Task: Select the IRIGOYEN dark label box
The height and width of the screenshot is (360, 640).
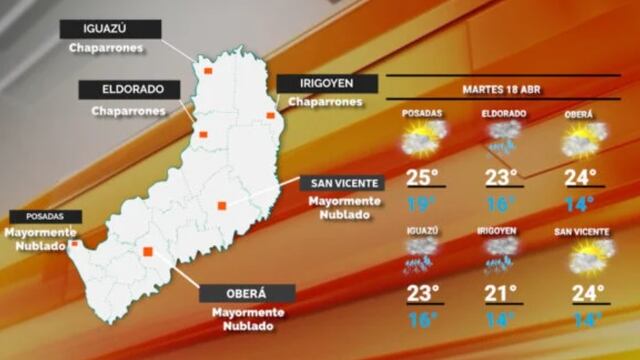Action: point(325,83)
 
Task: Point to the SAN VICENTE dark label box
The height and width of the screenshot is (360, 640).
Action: point(344,182)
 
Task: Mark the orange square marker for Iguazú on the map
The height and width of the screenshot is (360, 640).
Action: point(208,71)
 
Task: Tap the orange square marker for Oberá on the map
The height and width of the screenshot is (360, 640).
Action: point(147,252)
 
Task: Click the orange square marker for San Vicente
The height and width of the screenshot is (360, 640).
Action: point(222,206)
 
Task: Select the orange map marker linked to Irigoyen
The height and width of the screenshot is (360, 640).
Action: point(270,116)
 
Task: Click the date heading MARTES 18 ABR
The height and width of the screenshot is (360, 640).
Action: point(503,89)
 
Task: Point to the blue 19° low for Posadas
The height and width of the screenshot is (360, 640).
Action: point(422,205)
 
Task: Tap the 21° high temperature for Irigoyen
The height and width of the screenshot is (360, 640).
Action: point(500,293)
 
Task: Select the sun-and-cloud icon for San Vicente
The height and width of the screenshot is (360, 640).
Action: point(583,259)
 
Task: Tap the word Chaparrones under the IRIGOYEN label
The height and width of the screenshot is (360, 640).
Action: point(324,102)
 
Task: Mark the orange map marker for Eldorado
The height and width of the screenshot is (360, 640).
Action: point(203,134)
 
